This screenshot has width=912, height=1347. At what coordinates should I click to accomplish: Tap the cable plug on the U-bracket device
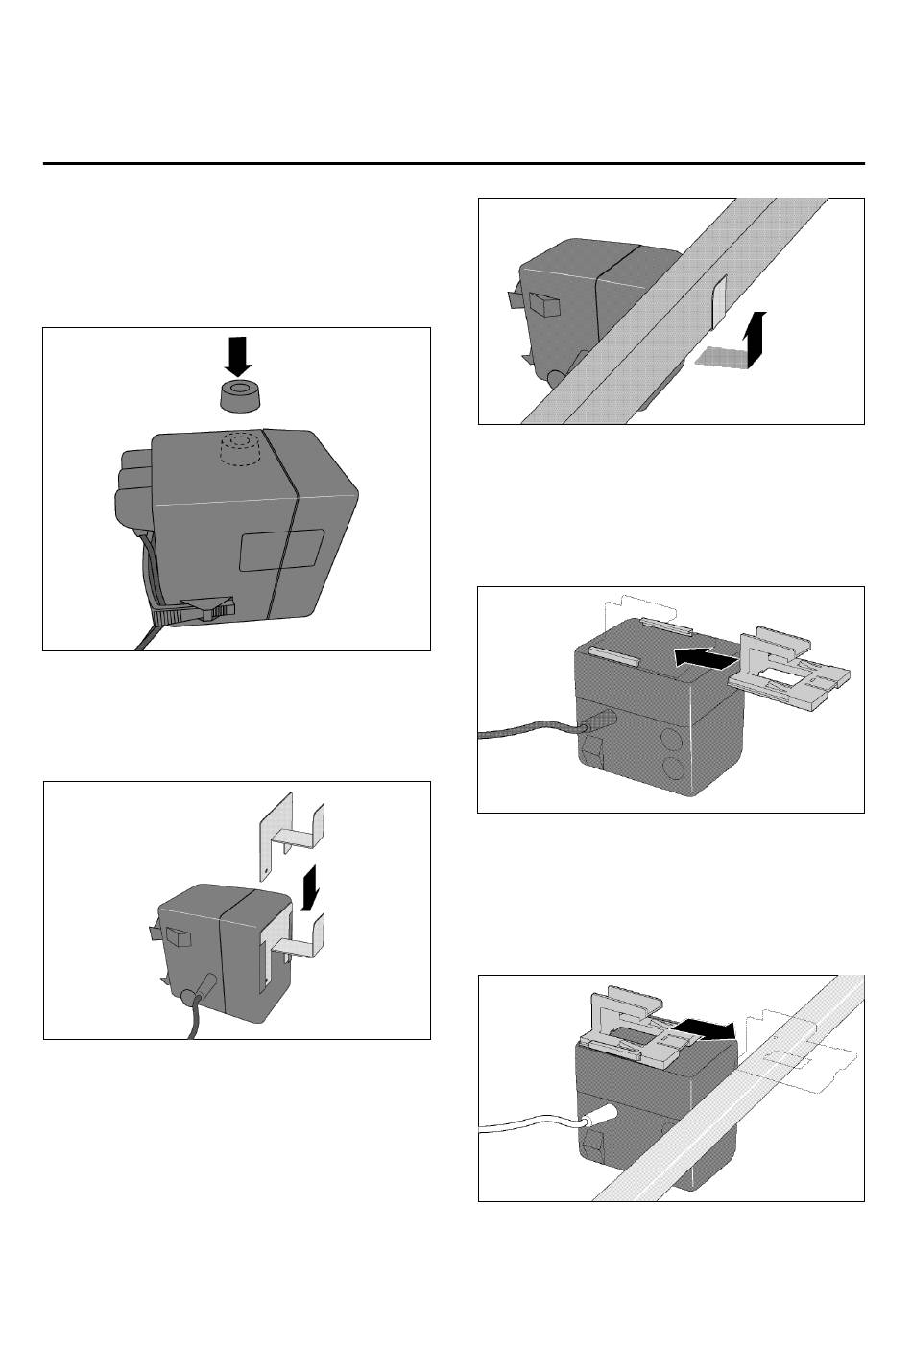pyautogui.click(x=207, y=989)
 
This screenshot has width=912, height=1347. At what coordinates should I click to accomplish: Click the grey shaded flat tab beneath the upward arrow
pyautogui.click(x=722, y=357)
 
